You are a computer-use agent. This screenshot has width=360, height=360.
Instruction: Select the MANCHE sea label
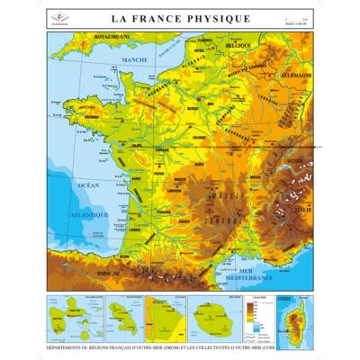coord(134,60)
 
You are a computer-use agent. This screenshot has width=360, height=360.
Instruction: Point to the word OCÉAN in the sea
coord(88,184)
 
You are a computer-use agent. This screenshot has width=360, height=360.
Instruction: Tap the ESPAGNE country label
coord(110,273)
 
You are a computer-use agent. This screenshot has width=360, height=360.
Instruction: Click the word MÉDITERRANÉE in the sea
coord(261,280)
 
